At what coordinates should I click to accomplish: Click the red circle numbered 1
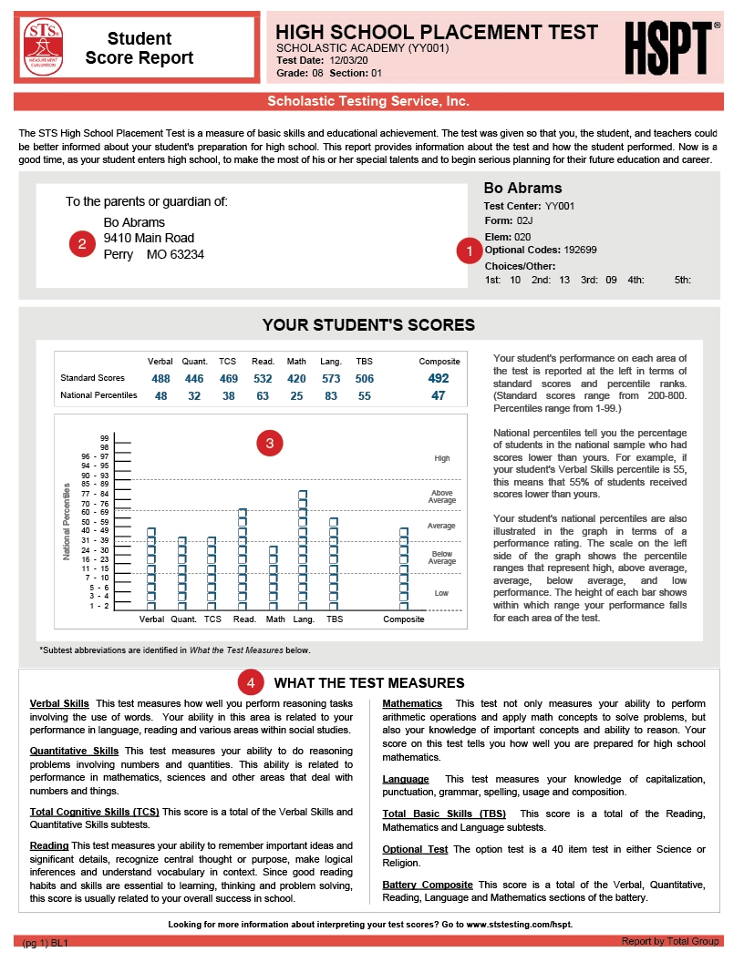coord(469,249)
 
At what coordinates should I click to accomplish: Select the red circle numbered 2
coord(82,243)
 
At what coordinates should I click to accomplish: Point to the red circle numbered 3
coord(270,444)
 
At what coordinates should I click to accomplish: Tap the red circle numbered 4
coord(250,682)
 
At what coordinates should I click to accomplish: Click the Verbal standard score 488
coord(161,378)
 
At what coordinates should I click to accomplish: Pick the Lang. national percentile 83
coord(330,396)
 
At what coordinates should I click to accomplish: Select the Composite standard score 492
coord(439,378)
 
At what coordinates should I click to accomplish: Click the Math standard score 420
coord(296,378)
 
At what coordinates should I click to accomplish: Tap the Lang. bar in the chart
coord(303,550)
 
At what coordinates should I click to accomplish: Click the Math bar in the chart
coord(273,578)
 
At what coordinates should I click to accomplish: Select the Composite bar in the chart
coord(404,568)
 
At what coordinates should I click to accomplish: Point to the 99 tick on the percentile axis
coord(105,437)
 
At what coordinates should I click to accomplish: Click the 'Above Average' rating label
coord(442,497)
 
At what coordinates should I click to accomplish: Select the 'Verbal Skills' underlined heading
coord(59,704)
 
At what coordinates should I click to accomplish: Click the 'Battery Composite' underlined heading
coord(427,885)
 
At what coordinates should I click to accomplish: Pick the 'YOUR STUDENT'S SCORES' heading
coord(368,325)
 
